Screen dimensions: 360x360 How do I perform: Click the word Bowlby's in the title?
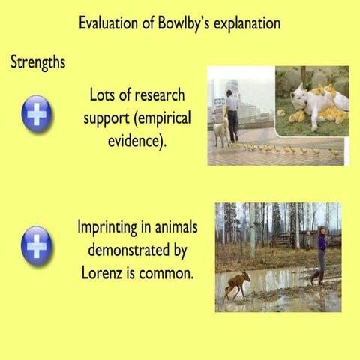(177, 23)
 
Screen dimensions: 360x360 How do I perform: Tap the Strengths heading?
(37, 62)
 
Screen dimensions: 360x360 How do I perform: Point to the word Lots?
(103, 95)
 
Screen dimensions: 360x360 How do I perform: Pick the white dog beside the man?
(221, 133)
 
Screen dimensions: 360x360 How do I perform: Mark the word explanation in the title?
(244, 24)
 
